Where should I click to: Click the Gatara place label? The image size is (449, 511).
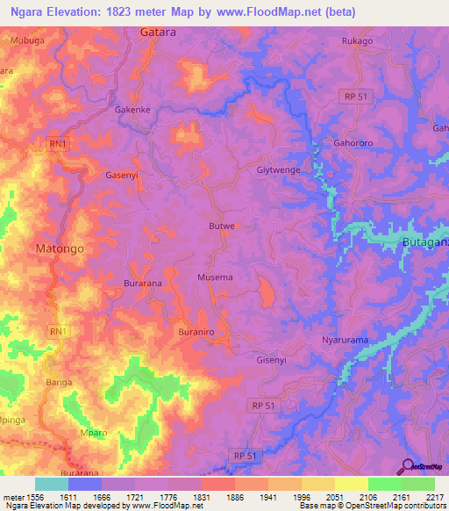click(159, 32)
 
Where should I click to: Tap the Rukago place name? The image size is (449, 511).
click(356, 40)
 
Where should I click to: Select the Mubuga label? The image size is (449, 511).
click(27, 40)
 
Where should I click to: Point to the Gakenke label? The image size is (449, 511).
click(133, 110)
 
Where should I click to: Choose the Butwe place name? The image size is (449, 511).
click(222, 226)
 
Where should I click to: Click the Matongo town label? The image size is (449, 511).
click(60, 248)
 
